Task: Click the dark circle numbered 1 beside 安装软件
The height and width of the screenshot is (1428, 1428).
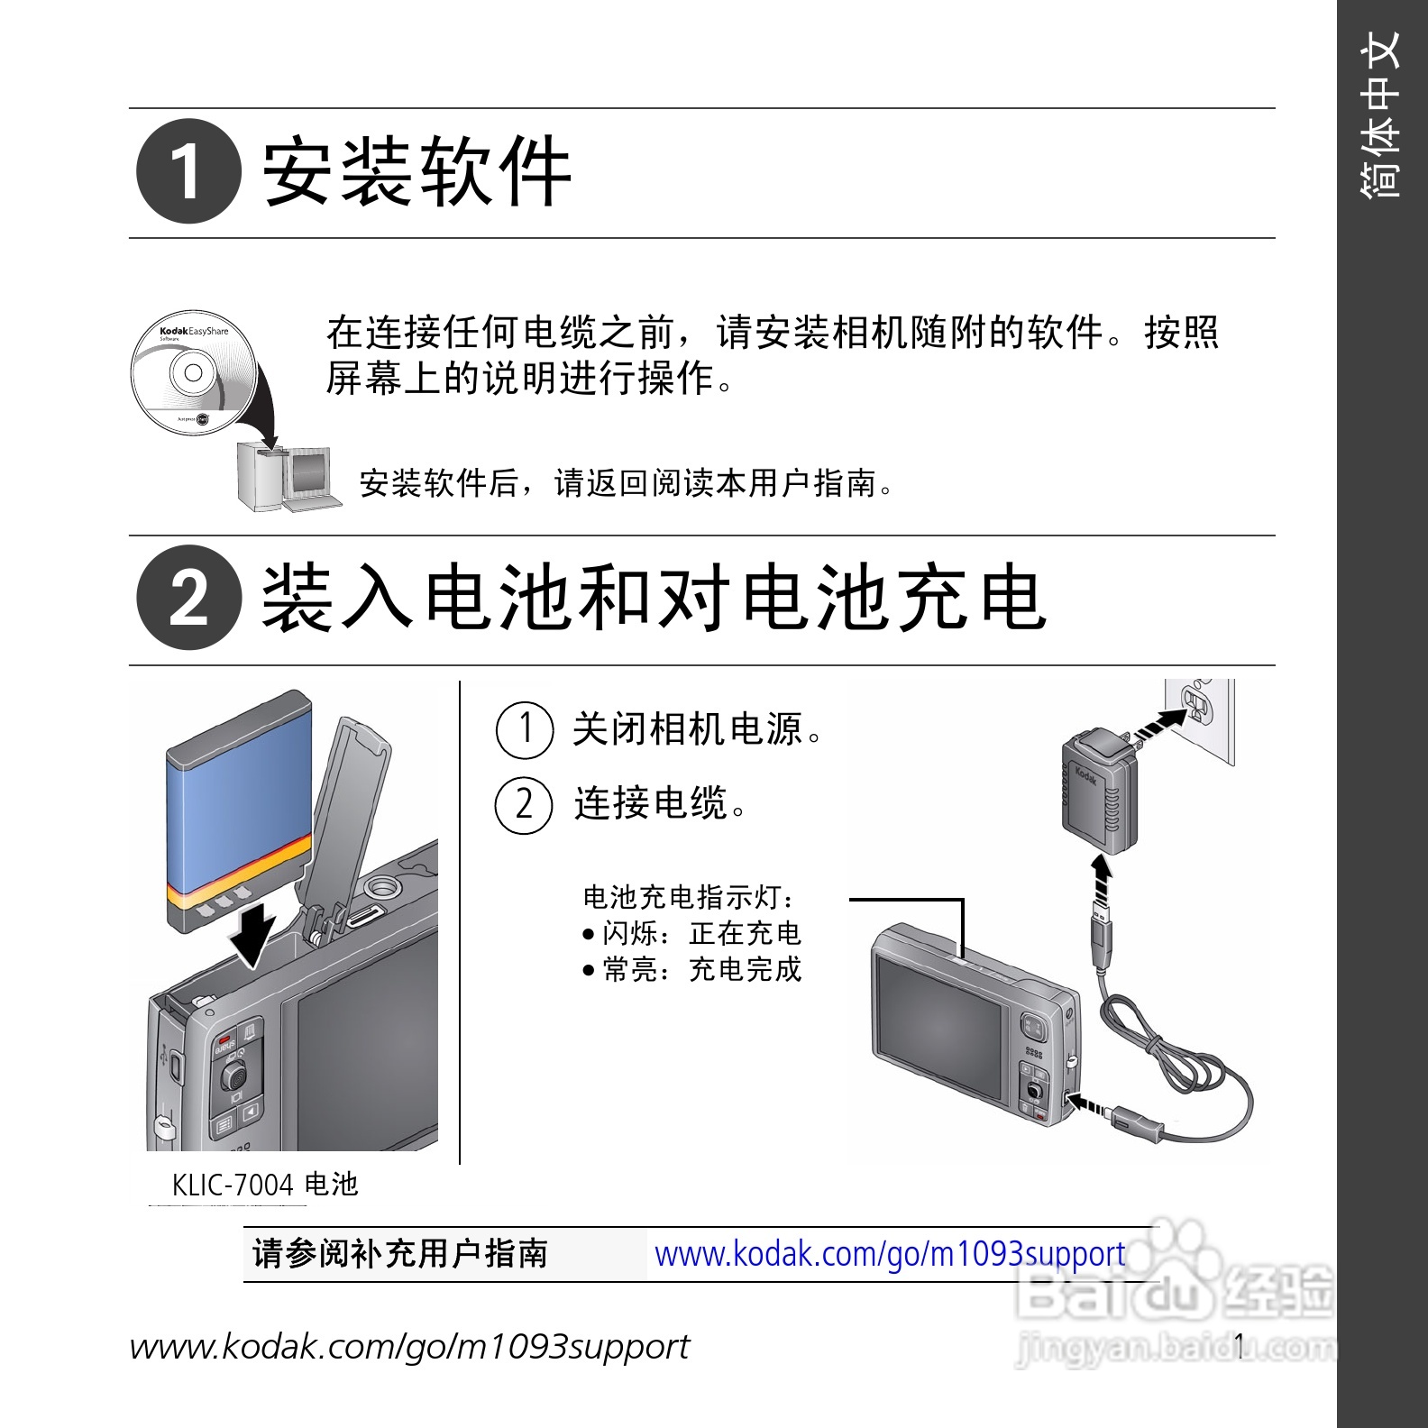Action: click(189, 171)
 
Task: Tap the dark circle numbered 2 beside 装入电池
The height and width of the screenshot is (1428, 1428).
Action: click(189, 598)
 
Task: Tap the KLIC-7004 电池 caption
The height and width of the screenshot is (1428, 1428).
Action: click(265, 1185)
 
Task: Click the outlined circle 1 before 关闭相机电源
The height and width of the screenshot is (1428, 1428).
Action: click(525, 729)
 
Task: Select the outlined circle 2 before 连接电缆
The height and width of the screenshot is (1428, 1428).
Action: click(525, 805)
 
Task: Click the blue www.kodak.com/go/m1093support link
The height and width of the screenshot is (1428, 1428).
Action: click(890, 1254)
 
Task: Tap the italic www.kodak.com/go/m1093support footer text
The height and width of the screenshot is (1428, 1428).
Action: click(410, 1347)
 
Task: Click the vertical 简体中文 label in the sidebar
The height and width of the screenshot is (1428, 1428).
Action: click(1382, 114)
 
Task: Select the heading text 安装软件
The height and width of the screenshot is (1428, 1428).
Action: click(417, 171)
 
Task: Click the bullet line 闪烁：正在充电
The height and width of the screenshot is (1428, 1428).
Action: click(691, 933)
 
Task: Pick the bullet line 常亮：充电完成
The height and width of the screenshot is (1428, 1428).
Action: click(691, 969)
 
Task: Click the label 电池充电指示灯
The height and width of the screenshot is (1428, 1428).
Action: click(689, 897)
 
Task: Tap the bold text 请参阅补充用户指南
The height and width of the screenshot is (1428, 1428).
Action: click(400, 1254)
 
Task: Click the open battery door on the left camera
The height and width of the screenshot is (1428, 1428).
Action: click(347, 825)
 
